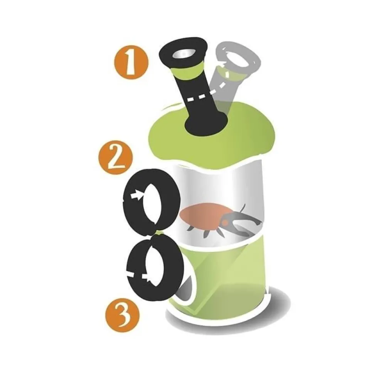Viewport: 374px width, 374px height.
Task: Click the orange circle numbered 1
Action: click(131, 62)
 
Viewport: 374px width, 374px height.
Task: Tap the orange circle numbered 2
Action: click(116, 158)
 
